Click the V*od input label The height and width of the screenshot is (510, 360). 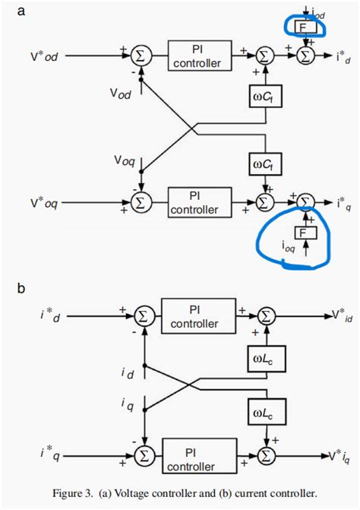(x=47, y=55)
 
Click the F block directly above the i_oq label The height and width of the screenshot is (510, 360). (x=303, y=231)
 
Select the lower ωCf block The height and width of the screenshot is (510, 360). (x=264, y=162)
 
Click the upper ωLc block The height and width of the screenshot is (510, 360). (x=264, y=354)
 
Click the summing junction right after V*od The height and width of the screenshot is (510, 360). (x=140, y=55)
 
